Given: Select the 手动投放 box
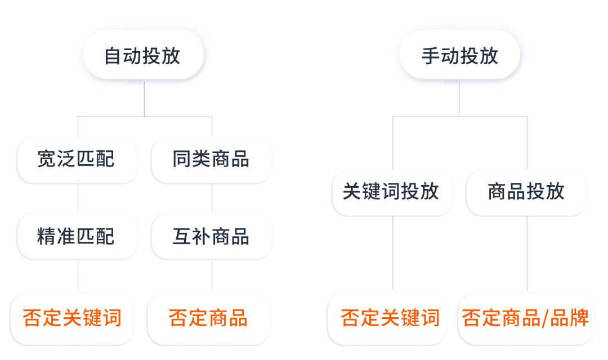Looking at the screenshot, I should tap(459, 56).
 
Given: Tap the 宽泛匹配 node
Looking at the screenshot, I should tap(78, 160).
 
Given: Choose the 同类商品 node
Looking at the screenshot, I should tap(212, 160).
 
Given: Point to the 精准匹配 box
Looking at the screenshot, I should tap(78, 236).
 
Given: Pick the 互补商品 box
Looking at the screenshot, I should tap(212, 236).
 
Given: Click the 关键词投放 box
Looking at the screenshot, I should tap(392, 192).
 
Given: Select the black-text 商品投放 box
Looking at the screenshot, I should tap(527, 192).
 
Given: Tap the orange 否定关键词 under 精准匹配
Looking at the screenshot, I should tap(73, 318).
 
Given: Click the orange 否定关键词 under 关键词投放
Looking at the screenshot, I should tap(390, 318).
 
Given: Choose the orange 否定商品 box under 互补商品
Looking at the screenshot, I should tap(209, 318).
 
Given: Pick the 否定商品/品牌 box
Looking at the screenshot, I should tap(526, 318).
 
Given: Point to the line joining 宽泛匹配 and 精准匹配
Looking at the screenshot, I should tap(78, 198).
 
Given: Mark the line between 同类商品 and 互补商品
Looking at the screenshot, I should tap(212, 198).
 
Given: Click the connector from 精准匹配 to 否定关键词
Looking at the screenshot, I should tap(78, 275).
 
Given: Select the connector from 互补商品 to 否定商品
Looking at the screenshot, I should tap(212, 275).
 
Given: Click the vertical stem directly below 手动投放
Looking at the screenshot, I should tap(459, 101).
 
